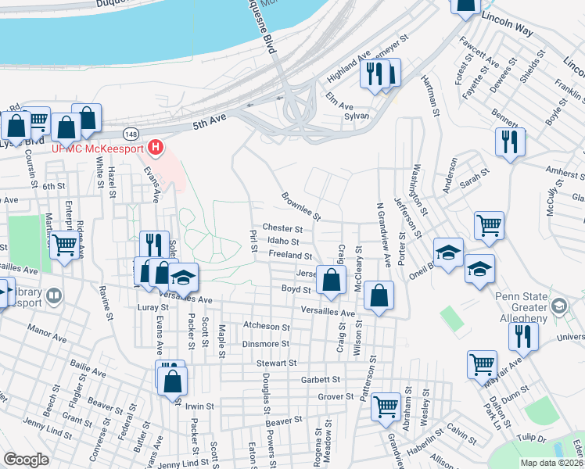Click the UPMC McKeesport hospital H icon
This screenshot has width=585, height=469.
click(156, 146)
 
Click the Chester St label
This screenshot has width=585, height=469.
click(276, 227)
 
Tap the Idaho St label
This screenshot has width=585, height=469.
click(283, 242)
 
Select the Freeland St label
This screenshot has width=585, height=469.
click(290, 256)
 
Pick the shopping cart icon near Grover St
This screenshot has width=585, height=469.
click(386, 405)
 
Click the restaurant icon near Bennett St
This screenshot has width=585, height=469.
click(510, 141)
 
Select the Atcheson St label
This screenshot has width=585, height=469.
click(266, 327)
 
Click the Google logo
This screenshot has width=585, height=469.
click(26, 460)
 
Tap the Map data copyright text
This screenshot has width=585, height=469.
click(551, 463)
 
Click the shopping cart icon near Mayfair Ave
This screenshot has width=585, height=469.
click(482, 363)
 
